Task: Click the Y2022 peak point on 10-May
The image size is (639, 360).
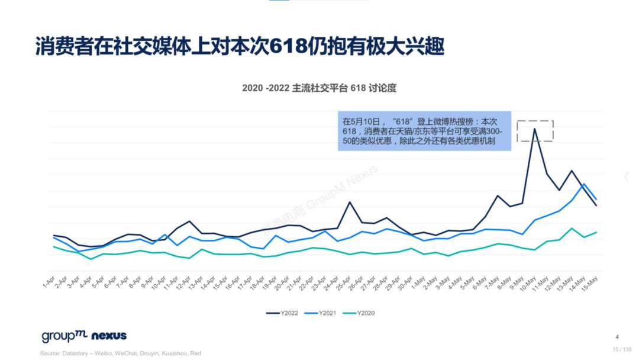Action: click(x=535, y=128)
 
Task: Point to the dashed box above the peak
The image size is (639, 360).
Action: click(x=535, y=131)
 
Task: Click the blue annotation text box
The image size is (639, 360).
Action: click(x=424, y=131)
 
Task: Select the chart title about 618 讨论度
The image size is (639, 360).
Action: click(x=319, y=88)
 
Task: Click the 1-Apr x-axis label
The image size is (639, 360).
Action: click(x=50, y=280)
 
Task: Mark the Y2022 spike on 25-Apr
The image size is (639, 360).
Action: click(x=350, y=202)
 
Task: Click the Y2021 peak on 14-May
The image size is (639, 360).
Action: click(x=584, y=184)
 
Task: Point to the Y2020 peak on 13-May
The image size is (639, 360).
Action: click(x=572, y=229)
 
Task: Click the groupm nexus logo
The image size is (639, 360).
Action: click(x=84, y=336)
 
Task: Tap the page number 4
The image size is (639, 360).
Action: click(x=617, y=337)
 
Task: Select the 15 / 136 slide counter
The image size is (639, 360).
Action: click(x=621, y=349)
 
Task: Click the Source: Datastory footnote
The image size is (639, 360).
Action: click(x=120, y=353)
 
